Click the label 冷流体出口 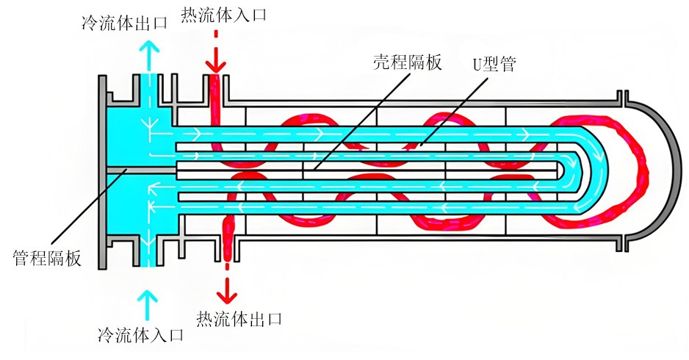[x=124, y=22]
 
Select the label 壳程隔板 [x=407, y=62]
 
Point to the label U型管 [x=494, y=63]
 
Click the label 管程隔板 [x=47, y=258]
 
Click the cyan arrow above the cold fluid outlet [x=150, y=54]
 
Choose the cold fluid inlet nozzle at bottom [x=149, y=253]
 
